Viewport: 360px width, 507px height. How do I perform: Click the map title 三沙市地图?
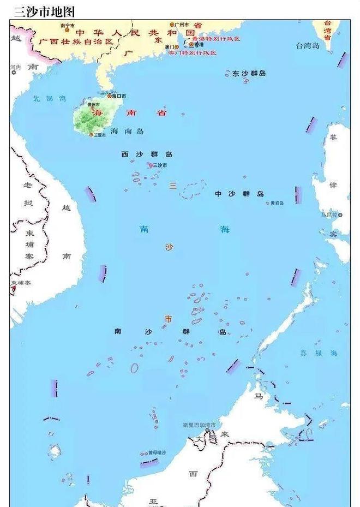pyautogui.click(x=44, y=11)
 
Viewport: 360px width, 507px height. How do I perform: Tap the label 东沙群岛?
pyautogui.click(x=249, y=73)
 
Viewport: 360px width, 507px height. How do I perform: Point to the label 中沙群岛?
pyautogui.click(x=239, y=194)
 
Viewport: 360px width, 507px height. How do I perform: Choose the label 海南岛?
pyautogui.click(x=127, y=132)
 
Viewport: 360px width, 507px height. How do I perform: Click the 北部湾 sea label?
pyautogui.click(x=49, y=99)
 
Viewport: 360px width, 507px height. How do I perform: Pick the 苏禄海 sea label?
pyautogui.click(x=319, y=353)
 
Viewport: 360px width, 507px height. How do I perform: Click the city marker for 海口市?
pyautogui.click(x=109, y=96)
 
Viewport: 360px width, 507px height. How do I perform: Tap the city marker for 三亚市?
pyautogui.click(x=91, y=134)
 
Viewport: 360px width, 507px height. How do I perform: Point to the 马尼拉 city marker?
pyautogui.click(x=340, y=215)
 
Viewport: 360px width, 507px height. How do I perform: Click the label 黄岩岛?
pyautogui.click(x=277, y=203)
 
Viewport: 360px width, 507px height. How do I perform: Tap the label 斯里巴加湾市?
pyautogui.click(x=199, y=425)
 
